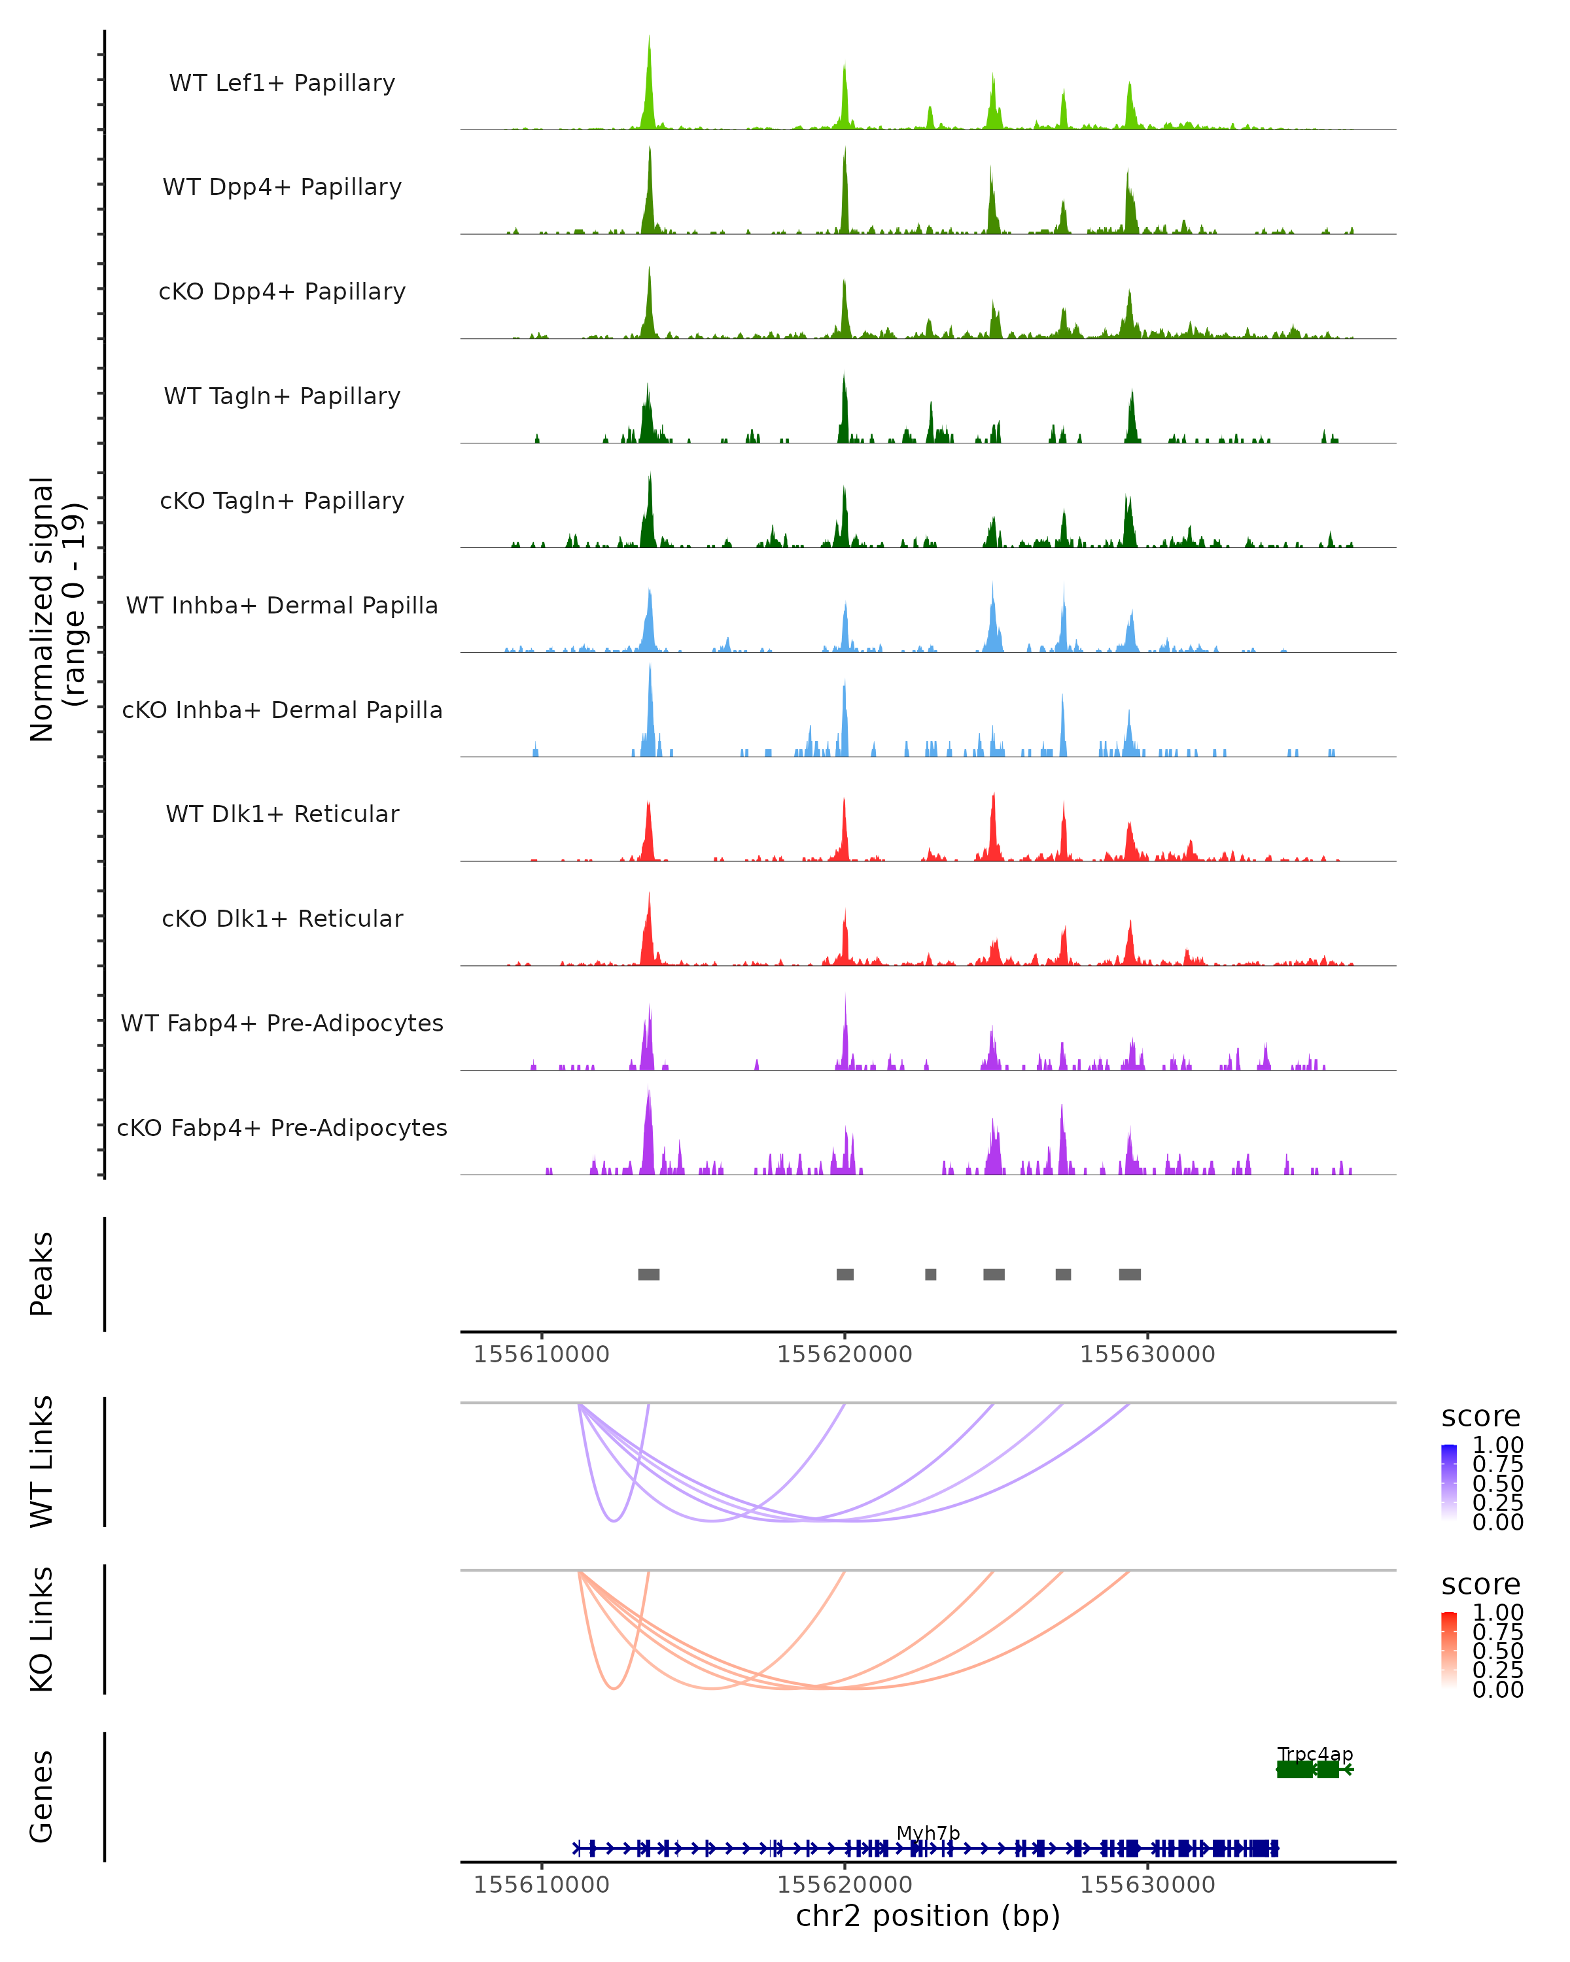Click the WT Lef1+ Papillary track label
pyautogui.click(x=282, y=83)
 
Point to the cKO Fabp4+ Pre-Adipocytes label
pyautogui.click(x=282, y=1127)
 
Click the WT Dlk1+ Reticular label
pyautogui.click(x=282, y=814)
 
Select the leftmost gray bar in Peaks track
pyautogui.click(x=648, y=1274)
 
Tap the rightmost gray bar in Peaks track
pyautogui.click(x=1130, y=1274)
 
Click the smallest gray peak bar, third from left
pyautogui.click(x=930, y=1274)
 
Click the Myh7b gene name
pyautogui.click(x=928, y=1833)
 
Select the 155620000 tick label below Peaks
pyautogui.click(x=844, y=1354)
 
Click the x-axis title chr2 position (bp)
pyautogui.click(x=928, y=1916)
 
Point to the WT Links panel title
pyautogui.click(x=42, y=1462)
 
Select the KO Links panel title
pyautogui.click(x=42, y=1630)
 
